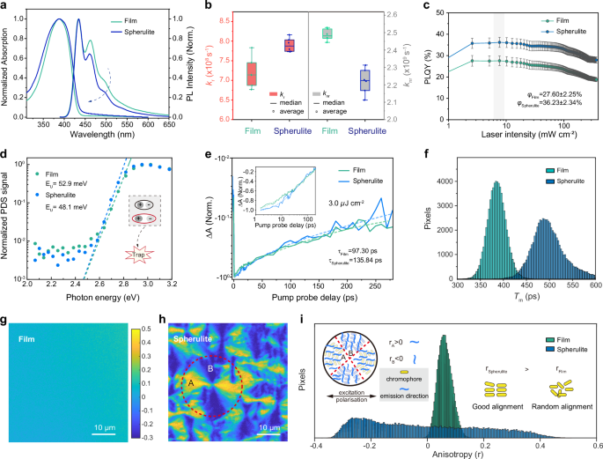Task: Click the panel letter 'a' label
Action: pyautogui.click(x=5, y=7)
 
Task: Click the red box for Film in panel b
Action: pyautogui.click(x=251, y=72)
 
